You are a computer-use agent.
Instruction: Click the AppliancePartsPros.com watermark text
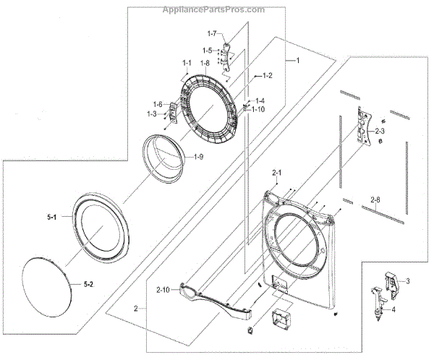click(x=216, y=9)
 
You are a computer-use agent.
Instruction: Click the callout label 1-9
click(x=197, y=157)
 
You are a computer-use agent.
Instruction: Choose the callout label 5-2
click(x=88, y=284)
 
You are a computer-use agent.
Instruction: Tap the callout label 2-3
click(x=399, y=132)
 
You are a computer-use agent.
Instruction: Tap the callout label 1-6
click(x=156, y=105)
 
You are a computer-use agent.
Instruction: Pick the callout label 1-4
click(x=259, y=100)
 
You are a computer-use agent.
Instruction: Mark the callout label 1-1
click(x=187, y=64)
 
